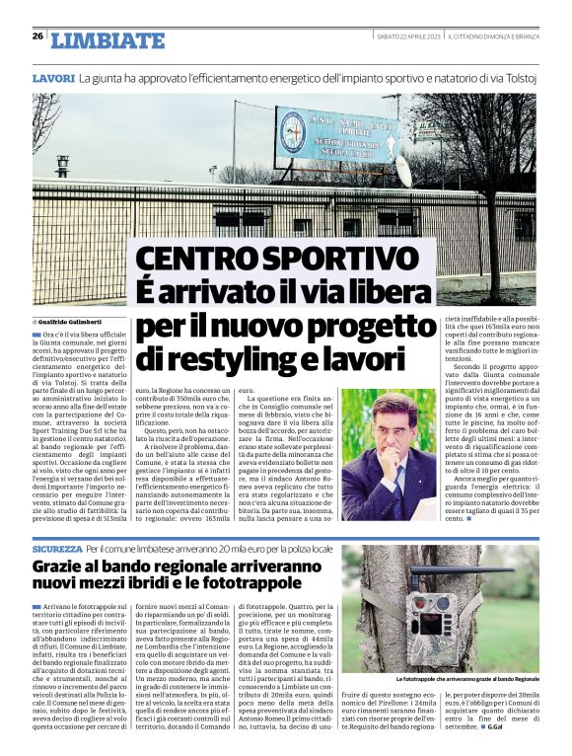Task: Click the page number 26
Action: click(37, 37)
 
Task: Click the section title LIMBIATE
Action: click(107, 40)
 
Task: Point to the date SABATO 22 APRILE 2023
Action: click(408, 37)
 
